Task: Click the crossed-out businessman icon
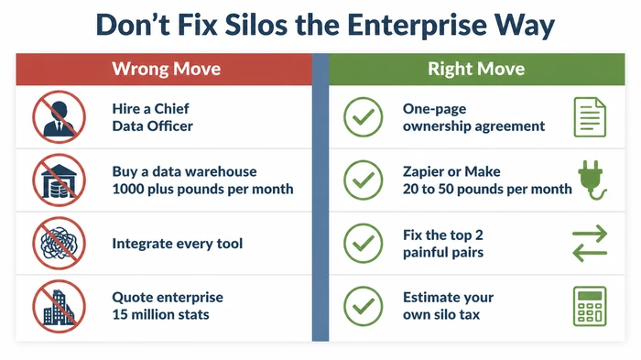[58, 118]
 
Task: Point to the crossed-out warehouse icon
[58, 180]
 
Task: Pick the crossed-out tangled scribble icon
[58, 244]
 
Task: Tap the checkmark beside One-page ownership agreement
[363, 118]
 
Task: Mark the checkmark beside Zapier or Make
[363, 180]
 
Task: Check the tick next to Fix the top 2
[363, 244]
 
